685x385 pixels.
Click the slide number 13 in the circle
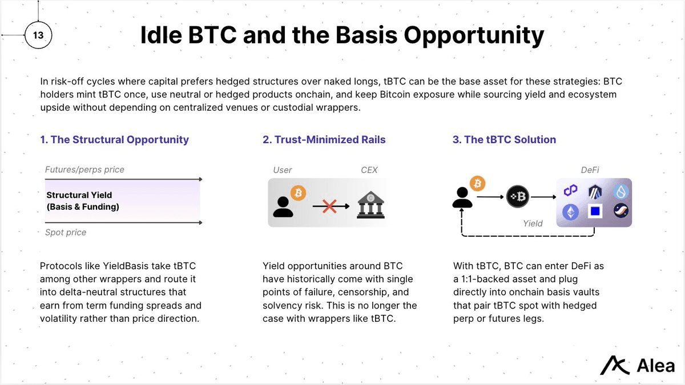pos(38,35)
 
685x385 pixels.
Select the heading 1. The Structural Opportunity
pos(114,140)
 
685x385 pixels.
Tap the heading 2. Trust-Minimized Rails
pos(324,140)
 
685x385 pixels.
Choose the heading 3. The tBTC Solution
pos(504,140)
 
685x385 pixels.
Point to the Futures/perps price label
pos(84,169)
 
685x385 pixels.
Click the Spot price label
pos(66,232)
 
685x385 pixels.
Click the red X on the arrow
pos(329,206)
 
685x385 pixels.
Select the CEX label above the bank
pos(369,170)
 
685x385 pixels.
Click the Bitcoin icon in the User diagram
pos(298,193)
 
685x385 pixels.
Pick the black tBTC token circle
pos(518,198)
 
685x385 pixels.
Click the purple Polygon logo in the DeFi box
pos(571,191)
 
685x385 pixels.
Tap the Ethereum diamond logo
pos(571,212)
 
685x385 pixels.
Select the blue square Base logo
pos(595,212)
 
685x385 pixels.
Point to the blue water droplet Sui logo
pos(620,192)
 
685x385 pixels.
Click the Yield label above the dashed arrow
pos(533,224)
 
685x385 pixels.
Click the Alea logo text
pos(656,366)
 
